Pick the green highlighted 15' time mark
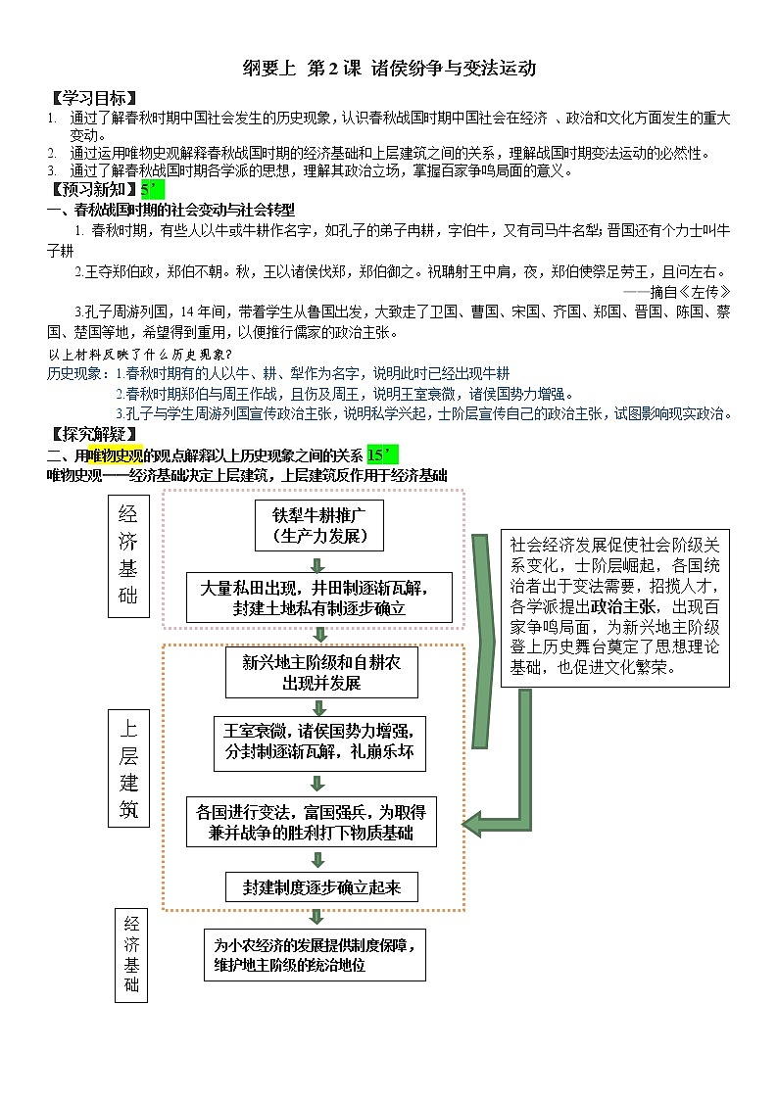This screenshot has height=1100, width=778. tap(383, 454)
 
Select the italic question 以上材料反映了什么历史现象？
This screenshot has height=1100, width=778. tap(139, 354)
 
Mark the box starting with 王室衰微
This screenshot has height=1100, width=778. tap(319, 741)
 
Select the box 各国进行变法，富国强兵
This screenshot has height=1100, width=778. tap(312, 822)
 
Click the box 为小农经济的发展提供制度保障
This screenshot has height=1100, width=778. tap(316, 954)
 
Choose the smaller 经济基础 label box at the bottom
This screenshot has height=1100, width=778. tap(130, 954)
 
